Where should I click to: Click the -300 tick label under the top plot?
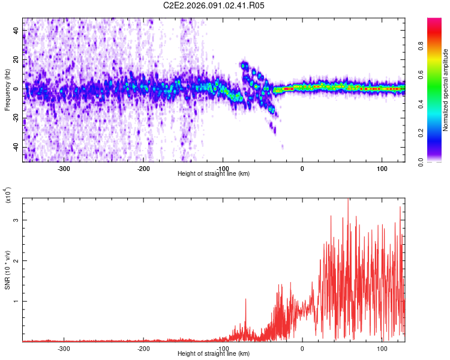click(x=64, y=168)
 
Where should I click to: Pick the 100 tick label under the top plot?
click(x=382, y=168)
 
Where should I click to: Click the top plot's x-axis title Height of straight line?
click(x=214, y=174)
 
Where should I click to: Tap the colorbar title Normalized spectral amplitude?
click(x=446, y=90)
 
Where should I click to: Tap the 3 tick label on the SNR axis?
click(x=17, y=220)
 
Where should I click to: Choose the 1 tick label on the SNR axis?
click(x=17, y=301)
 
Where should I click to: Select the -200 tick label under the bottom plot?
click(x=143, y=348)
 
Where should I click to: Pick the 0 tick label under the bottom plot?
click(x=302, y=348)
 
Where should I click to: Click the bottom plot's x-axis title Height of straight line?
click(x=214, y=354)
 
